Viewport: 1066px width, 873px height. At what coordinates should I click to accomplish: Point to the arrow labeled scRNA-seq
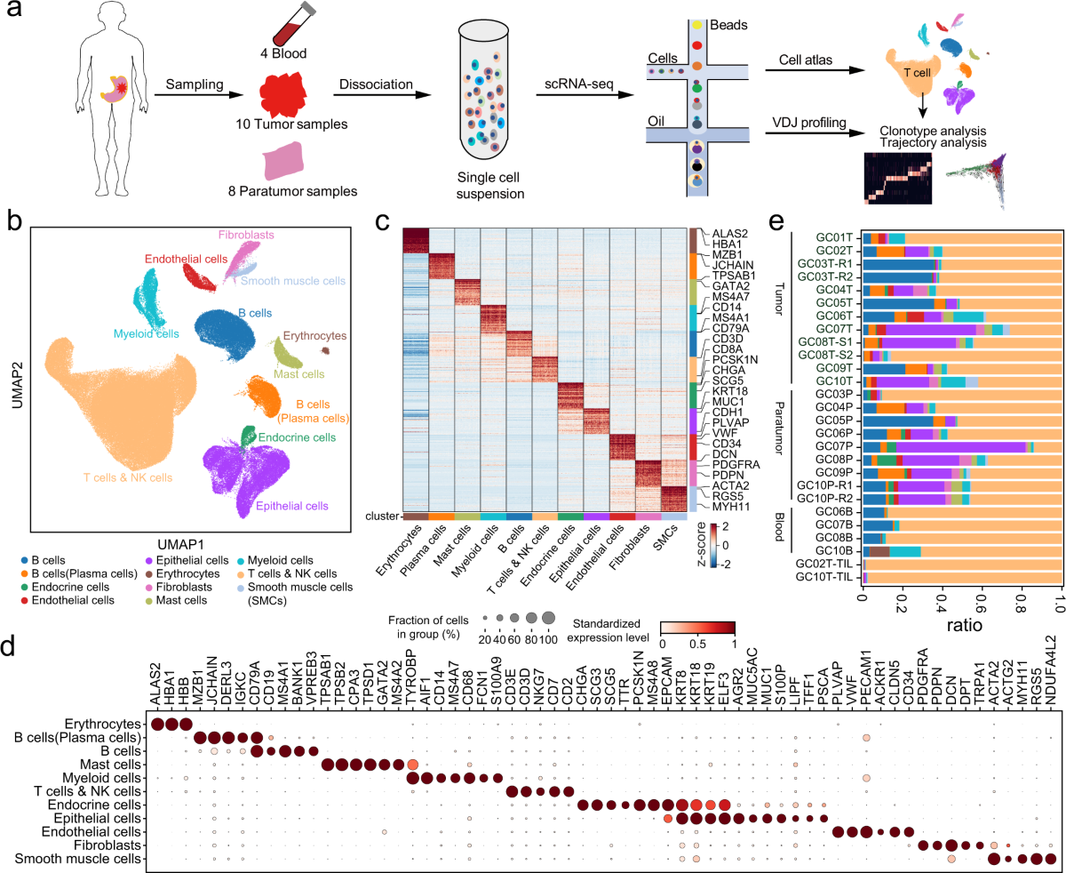[x=577, y=94]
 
